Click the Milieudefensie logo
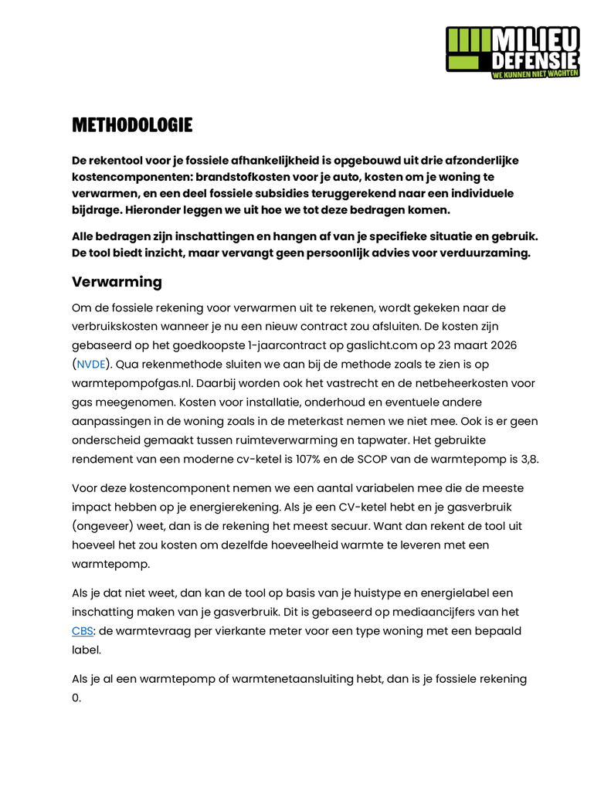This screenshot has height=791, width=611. [x=512, y=51]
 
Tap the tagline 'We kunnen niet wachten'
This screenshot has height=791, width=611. [x=535, y=73]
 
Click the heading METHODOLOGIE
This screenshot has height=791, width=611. [x=132, y=125]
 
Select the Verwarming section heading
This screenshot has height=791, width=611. [x=117, y=282]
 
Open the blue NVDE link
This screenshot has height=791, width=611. [x=90, y=364]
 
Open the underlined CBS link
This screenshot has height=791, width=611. [x=82, y=631]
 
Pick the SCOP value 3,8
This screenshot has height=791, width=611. [x=527, y=459]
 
